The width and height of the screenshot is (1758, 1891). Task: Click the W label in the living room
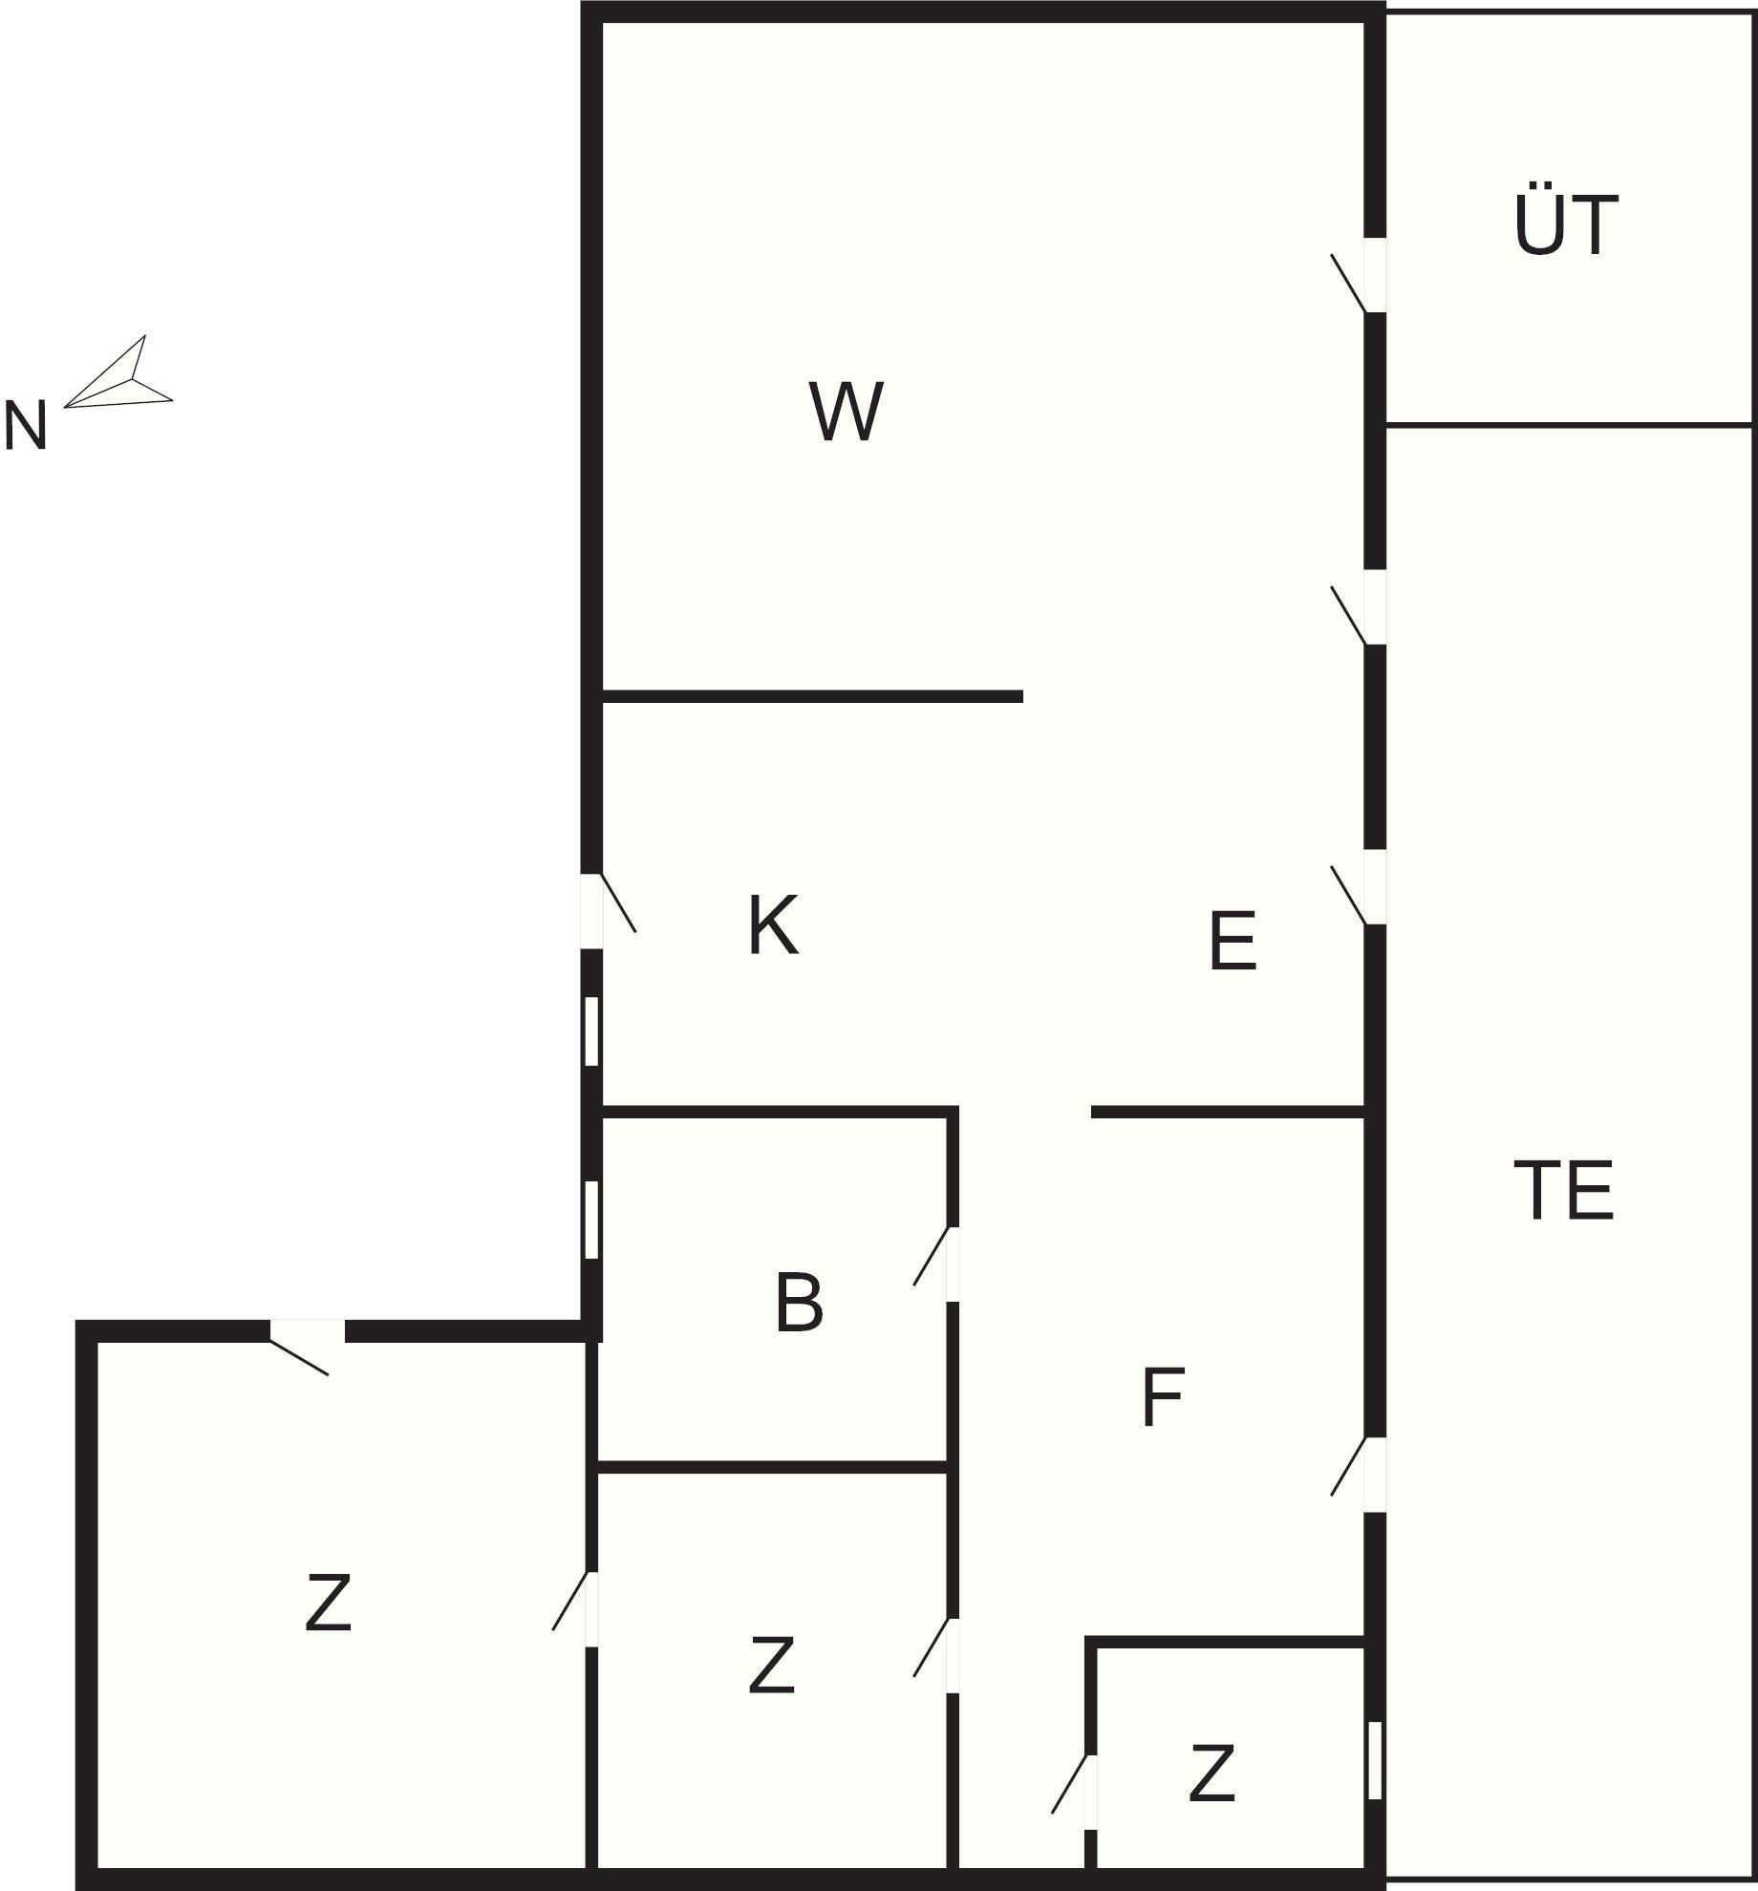point(846,412)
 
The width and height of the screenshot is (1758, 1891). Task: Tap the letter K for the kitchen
point(773,924)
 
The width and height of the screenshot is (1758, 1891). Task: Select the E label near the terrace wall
point(1233,941)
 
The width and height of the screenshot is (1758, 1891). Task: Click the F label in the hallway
point(1163,1398)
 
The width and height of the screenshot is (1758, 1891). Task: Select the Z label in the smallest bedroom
point(1211,1774)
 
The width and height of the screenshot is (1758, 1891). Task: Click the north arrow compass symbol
point(118,372)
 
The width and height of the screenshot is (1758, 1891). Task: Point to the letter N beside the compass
point(26,426)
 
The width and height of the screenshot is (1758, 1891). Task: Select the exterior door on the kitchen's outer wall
point(609,910)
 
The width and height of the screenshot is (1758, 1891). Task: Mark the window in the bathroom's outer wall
point(591,1220)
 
